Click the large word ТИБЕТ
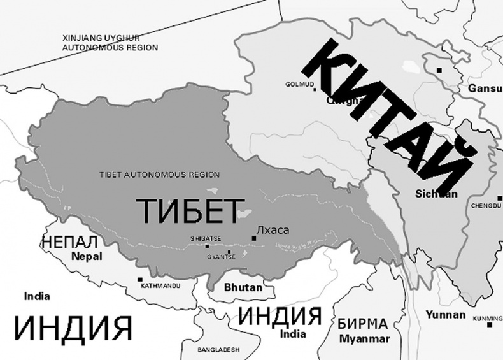tap(190, 210)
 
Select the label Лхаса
tap(272, 230)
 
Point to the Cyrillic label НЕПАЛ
tap(69, 242)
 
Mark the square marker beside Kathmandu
tap(140, 279)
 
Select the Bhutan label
tap(243, 287)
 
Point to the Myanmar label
tap(364, 338)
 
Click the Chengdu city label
tap(487, 206)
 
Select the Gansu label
tap(485, 88)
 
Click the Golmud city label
tap(298, 83)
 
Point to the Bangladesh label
tap(218, 350)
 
